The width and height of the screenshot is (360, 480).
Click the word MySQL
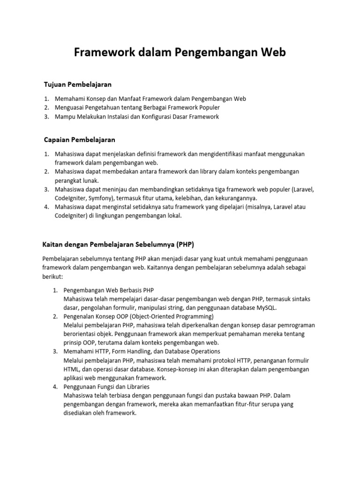pos(265,307)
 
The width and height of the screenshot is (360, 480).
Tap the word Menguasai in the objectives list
pos(69,108)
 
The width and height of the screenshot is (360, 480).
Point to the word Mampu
pos(64,117)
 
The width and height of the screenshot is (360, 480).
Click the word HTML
pos(71,369)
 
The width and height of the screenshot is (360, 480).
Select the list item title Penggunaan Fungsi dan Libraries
pos(106,387)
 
